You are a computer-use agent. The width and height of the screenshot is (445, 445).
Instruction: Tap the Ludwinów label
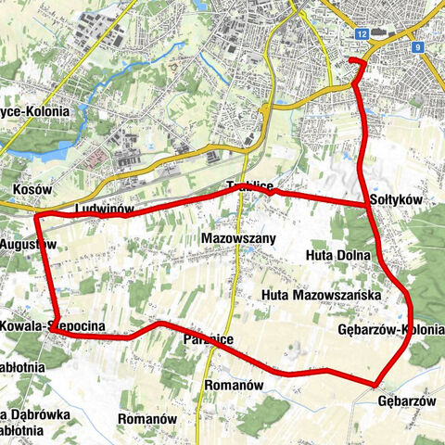(x=102, y=210)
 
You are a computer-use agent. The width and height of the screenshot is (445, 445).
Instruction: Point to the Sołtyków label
(x=396, y=200)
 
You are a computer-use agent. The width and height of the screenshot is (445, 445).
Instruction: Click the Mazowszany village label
(x=238, y=239)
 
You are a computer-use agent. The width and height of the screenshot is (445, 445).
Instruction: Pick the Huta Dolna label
(x=337, y=255)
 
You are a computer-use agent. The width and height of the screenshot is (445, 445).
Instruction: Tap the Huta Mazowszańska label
(x=322, y=296)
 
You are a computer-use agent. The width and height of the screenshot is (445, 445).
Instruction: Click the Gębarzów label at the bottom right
(x=406, y=400)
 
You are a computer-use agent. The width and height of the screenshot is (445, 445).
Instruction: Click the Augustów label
(x=20, y=244)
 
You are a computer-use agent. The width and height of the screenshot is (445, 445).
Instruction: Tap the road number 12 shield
(x=362, y=33)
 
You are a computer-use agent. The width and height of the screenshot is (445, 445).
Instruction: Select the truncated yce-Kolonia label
(x=34, y=112)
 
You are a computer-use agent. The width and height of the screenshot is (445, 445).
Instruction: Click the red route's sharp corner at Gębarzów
(x=376, y=384)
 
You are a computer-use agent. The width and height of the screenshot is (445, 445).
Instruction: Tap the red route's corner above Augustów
(x=39, y=216)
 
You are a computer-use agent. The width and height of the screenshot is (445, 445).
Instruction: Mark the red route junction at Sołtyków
(x=367, y=204)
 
